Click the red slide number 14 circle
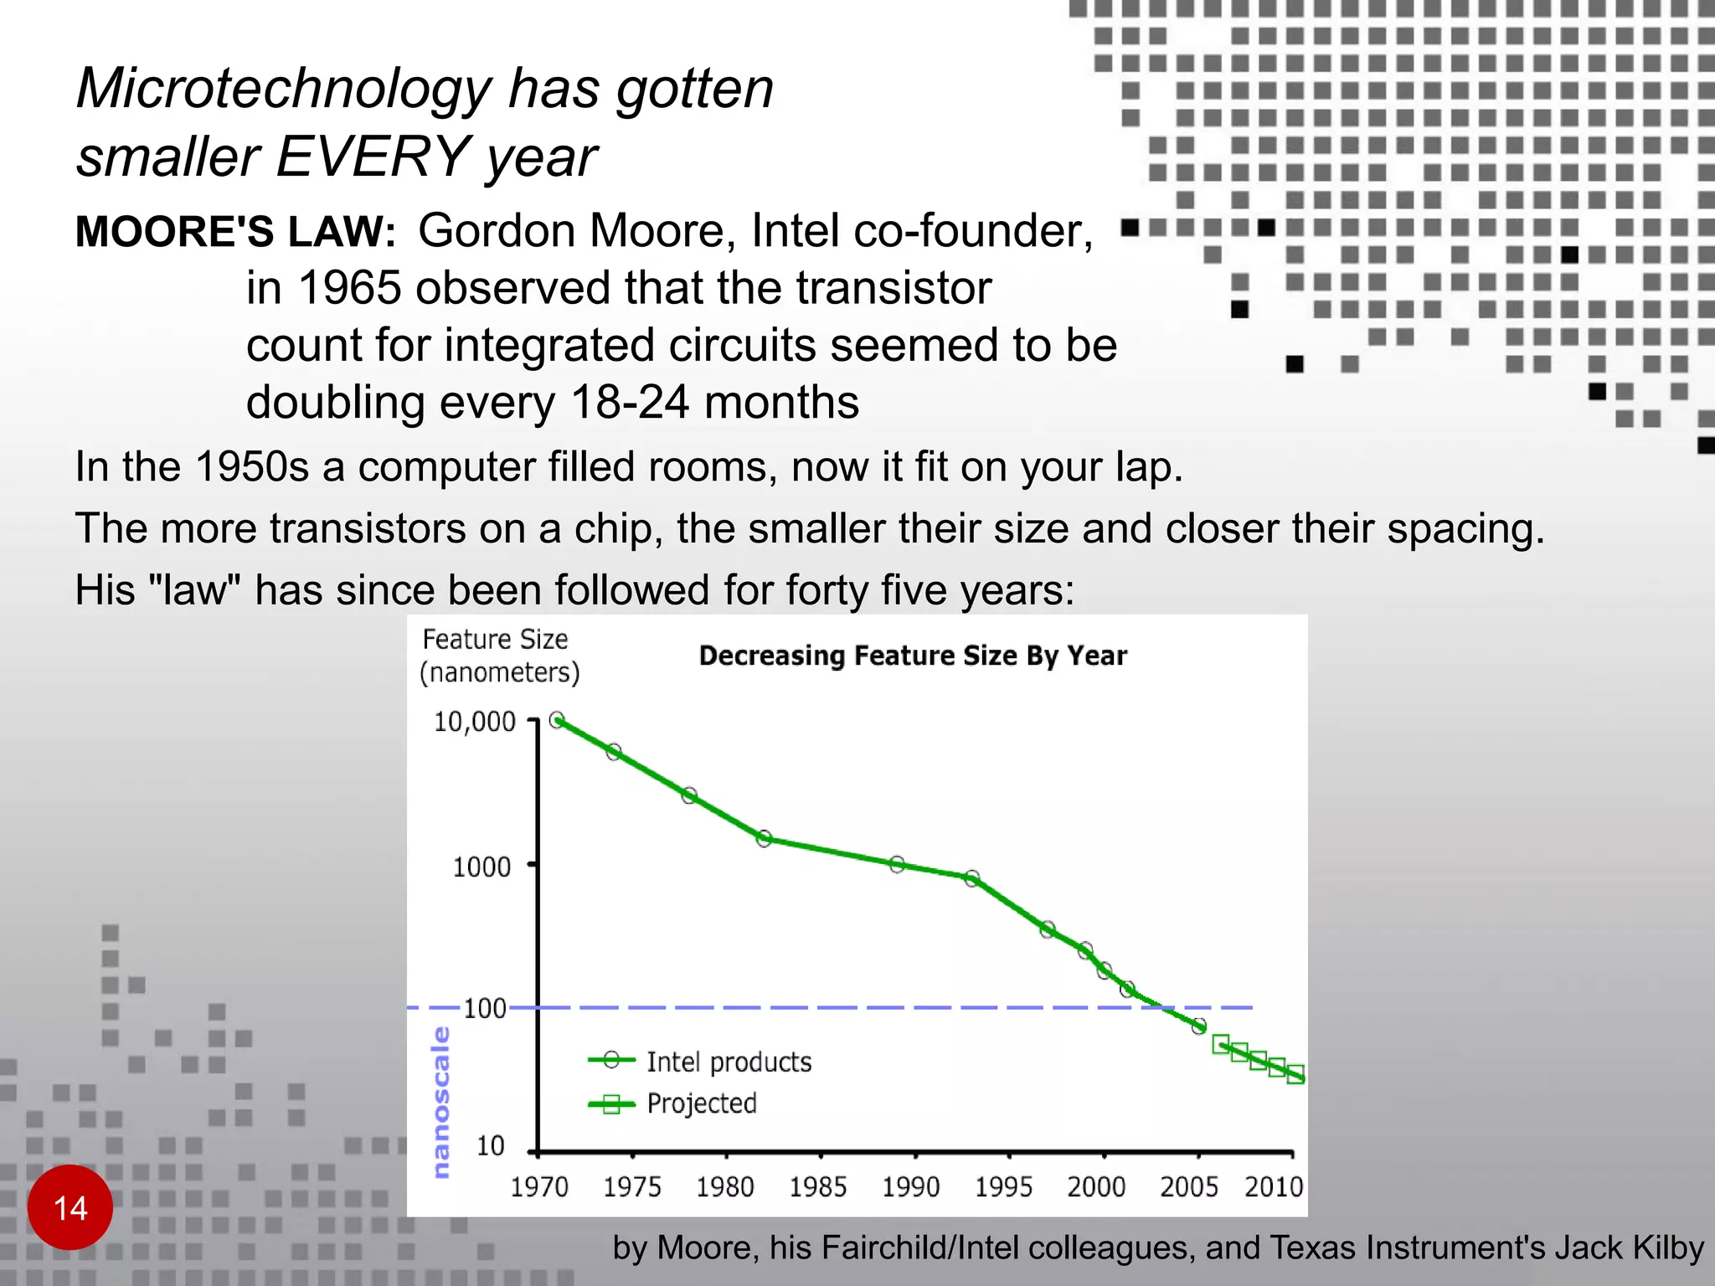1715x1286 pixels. tap(70, 1207)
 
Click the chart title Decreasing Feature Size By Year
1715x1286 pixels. tap(913, 656)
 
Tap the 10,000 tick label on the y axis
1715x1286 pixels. tap(474, 722)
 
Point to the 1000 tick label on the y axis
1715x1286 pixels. tap(482, 867)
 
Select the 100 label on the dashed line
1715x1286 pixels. tap(485, 1008)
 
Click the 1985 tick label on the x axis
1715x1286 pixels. tap(818, 1187)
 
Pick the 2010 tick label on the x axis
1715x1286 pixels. tap(1274, 1187)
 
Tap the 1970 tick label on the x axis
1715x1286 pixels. tap(539, 1187)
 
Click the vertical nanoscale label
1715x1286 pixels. tap(441, 1102)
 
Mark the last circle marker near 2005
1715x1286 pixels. tap(1199, 1026)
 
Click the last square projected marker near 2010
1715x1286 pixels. tap(1295, 1076)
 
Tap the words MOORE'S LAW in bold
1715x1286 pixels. tap(235, 232)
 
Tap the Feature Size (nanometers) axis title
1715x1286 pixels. tap(499, 656)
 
